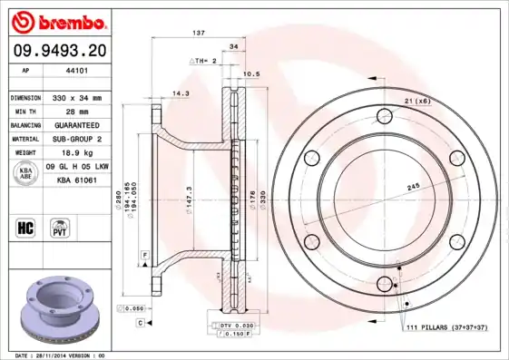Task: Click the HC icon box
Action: tap(26, 226)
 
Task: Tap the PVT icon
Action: tap(60, 226)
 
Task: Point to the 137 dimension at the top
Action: tap(198, 33)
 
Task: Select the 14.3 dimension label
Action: tap(181, 93)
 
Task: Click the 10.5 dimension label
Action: tap(252, 74)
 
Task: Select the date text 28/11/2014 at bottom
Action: tap(68, 355)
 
